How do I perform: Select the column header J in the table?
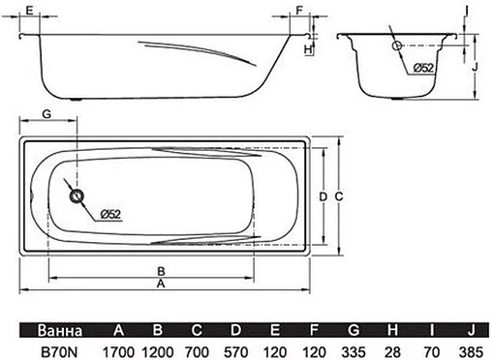[x=473, y=326]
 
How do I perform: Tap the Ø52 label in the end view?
[x=423, y=68]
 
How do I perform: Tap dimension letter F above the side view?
[x=299, y=11]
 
